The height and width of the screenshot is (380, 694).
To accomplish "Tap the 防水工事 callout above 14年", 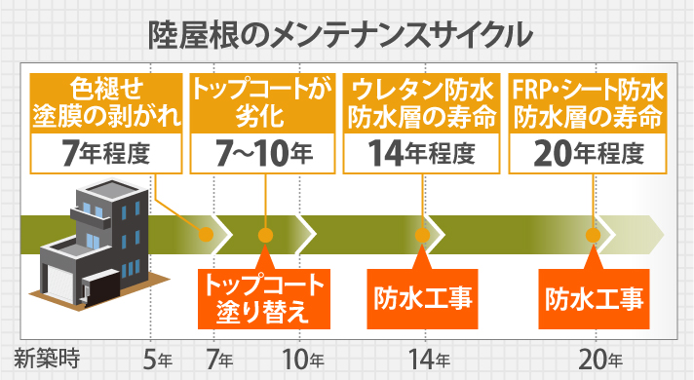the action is click(423, 296).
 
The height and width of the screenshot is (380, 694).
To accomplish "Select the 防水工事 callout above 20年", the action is click(594, 296).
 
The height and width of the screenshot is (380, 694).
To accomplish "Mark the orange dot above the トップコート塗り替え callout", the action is click(263, 235).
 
